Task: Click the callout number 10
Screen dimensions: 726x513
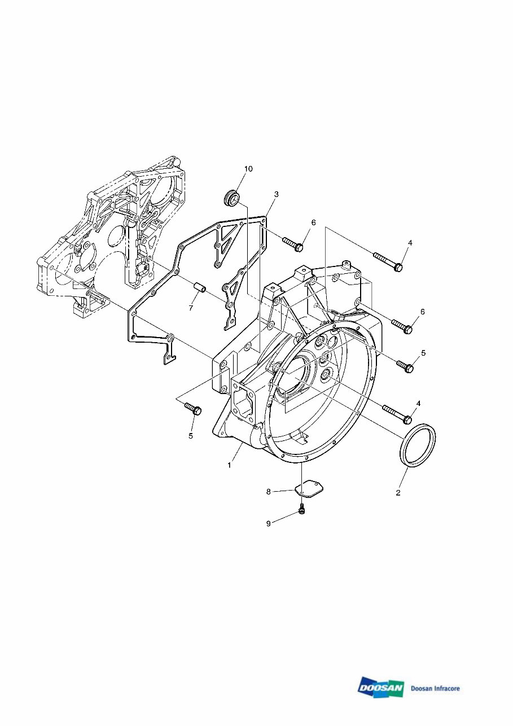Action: click(248, 169)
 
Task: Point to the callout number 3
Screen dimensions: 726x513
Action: click(276, 194)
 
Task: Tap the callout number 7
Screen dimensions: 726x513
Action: click(191, 308)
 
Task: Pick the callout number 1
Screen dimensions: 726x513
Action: click(229, 465)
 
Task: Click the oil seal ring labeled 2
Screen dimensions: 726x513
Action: click(418, 446)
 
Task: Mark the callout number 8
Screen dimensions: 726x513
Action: click(269, 492)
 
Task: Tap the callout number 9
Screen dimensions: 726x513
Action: click(269, 524)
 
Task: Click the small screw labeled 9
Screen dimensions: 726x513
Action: click(303, 510)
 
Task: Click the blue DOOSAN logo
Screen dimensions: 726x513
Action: click(380, 688)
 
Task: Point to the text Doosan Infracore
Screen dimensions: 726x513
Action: click(435, 688)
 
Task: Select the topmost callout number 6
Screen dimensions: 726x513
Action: click(313, 222)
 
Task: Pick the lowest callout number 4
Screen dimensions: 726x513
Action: click(418, 403)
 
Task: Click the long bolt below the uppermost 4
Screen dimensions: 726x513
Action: click(388, 261)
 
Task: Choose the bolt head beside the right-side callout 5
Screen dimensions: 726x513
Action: click(406, 366)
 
